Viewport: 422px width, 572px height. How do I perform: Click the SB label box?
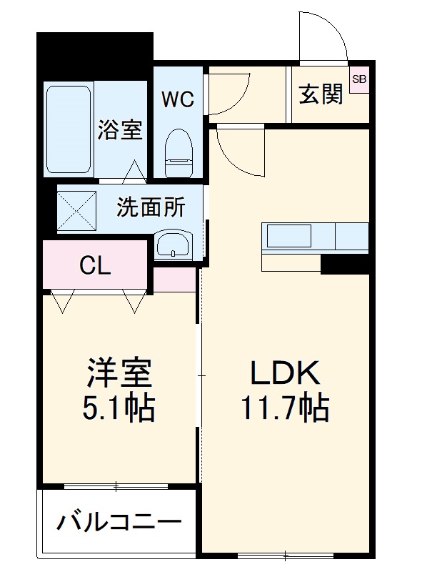(359, 79)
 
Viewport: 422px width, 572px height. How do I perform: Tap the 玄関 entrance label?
(321, 94)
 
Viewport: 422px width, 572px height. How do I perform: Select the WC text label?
(177, 99)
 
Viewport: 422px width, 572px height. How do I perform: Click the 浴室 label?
(120, 130)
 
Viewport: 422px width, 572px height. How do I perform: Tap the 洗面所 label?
(151, 207)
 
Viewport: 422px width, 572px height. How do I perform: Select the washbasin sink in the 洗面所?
(173, 245)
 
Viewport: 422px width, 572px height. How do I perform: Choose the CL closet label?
(95, 266)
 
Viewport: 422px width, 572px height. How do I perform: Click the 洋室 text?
(119, 374)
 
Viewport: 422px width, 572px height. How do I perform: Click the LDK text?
(286, 374)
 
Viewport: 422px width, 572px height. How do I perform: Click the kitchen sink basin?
(288, 237)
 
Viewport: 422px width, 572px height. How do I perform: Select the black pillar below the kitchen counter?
(344, 264)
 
